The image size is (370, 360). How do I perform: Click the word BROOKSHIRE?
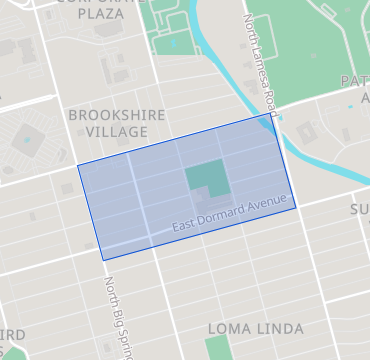pos(117,116)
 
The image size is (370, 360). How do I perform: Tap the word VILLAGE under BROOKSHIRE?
pos(117,132)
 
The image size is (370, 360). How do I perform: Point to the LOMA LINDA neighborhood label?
pos(255,328)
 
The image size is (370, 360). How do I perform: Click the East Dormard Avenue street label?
pos(229,219)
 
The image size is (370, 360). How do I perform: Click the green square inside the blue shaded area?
pos(204,177)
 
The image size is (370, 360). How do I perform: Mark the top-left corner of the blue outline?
pos(78,165)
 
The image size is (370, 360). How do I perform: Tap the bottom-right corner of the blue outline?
pos(296,207)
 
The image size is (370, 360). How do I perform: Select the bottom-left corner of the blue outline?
pos(104,260)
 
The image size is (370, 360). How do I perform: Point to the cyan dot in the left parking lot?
pos(26,140)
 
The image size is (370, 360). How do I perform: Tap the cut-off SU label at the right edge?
pos(359,208)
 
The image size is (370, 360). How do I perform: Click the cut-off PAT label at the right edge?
pos(355,81)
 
